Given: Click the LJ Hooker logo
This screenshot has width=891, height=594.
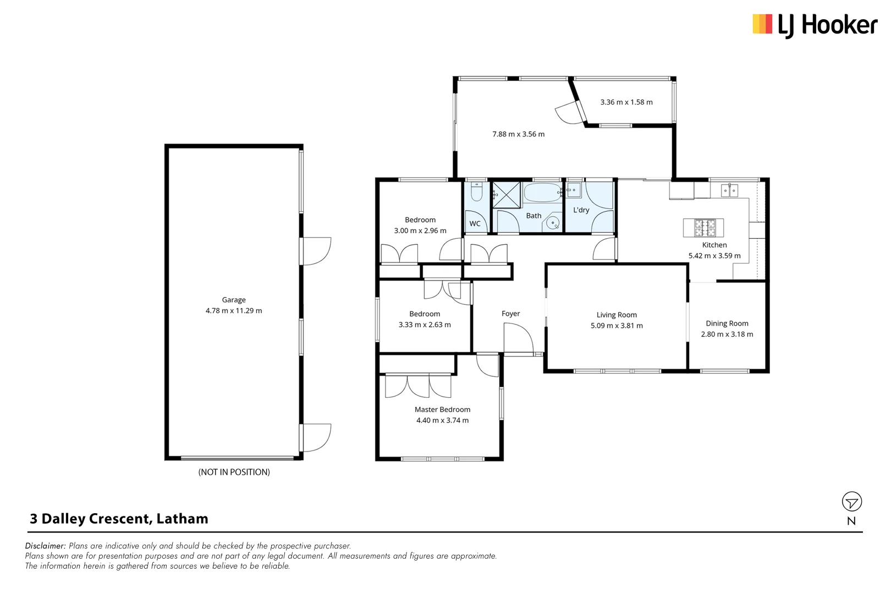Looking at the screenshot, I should click(815, 25).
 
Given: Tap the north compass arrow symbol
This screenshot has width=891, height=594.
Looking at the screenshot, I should click(851, 502).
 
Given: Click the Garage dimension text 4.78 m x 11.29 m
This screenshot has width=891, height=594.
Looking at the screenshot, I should click(234, 311).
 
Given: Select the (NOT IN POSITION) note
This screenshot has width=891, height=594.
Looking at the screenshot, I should click(234, 472).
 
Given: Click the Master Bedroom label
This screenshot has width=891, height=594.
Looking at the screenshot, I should click(442, 409).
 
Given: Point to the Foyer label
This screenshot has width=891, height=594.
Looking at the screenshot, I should click(510, 313).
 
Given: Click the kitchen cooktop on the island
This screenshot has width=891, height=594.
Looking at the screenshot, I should click(705, 227).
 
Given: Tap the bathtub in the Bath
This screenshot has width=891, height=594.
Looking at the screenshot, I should click(542, 193).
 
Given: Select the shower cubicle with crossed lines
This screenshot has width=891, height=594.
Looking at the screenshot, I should click(506, 194).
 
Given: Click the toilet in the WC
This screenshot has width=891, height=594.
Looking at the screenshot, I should click(476, 192).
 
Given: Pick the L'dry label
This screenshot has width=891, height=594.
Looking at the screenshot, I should click(581, 210).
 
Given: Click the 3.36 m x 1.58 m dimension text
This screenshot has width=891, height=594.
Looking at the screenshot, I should click(626, 102).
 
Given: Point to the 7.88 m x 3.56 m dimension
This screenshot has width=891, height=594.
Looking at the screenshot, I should click(518, 134).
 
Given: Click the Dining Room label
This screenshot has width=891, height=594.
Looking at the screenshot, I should click(727, 323).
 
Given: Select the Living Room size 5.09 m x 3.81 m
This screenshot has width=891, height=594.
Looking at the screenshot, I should click(617, 326).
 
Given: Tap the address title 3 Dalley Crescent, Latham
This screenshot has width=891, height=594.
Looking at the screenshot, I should click(119, 519).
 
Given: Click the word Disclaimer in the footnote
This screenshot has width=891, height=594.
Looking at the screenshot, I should click(45, 546).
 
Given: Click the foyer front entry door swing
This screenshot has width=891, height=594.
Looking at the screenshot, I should click(518, 338).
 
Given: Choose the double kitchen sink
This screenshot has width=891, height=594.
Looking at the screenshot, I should click(729, 191).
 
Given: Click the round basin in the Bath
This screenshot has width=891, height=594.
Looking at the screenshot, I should click(553, 223).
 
